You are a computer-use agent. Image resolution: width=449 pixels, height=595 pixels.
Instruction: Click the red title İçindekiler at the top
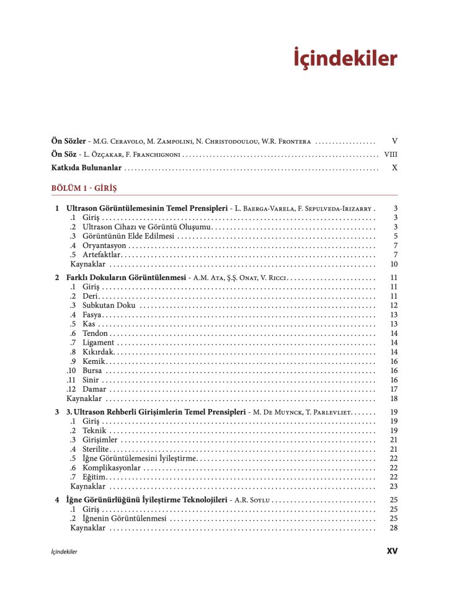tap(345, 59)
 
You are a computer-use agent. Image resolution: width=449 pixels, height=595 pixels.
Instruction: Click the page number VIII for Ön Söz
tap(391, 154)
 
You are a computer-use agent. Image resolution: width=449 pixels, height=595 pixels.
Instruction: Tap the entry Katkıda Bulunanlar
tap(86, 167)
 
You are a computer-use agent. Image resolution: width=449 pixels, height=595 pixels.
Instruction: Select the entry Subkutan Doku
tap(109, 306)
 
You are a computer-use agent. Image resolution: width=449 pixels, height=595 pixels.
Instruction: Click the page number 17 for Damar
tap(393, 389)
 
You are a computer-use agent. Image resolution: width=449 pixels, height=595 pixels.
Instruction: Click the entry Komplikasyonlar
tap(111, 467)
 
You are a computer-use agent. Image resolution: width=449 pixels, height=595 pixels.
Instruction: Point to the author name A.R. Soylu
tap(252, 500)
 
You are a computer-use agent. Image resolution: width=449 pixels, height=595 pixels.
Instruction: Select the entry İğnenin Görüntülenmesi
tap(124, 519)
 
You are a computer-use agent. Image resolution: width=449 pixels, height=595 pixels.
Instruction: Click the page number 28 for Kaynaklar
tap(393, 528)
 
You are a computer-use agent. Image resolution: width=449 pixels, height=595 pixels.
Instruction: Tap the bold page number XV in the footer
tap(391, 550)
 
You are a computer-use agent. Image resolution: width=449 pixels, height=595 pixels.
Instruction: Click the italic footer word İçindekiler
tap(64, 551)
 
